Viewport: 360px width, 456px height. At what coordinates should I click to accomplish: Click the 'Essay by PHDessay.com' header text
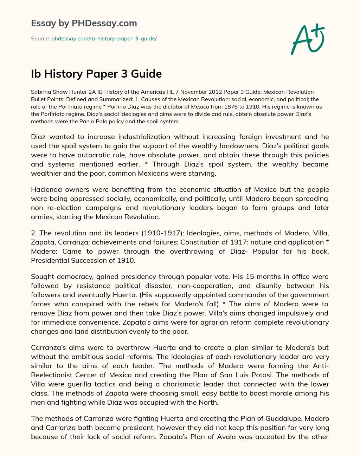(84, 24)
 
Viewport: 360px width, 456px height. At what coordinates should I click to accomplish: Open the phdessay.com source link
(104, 39)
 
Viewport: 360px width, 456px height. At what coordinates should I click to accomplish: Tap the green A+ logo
(307, 39)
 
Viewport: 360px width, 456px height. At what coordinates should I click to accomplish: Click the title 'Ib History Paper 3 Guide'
(96, 74)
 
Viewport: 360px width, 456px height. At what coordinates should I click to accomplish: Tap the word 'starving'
(203, 174)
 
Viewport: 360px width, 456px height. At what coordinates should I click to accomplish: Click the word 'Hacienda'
(46, 190)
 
